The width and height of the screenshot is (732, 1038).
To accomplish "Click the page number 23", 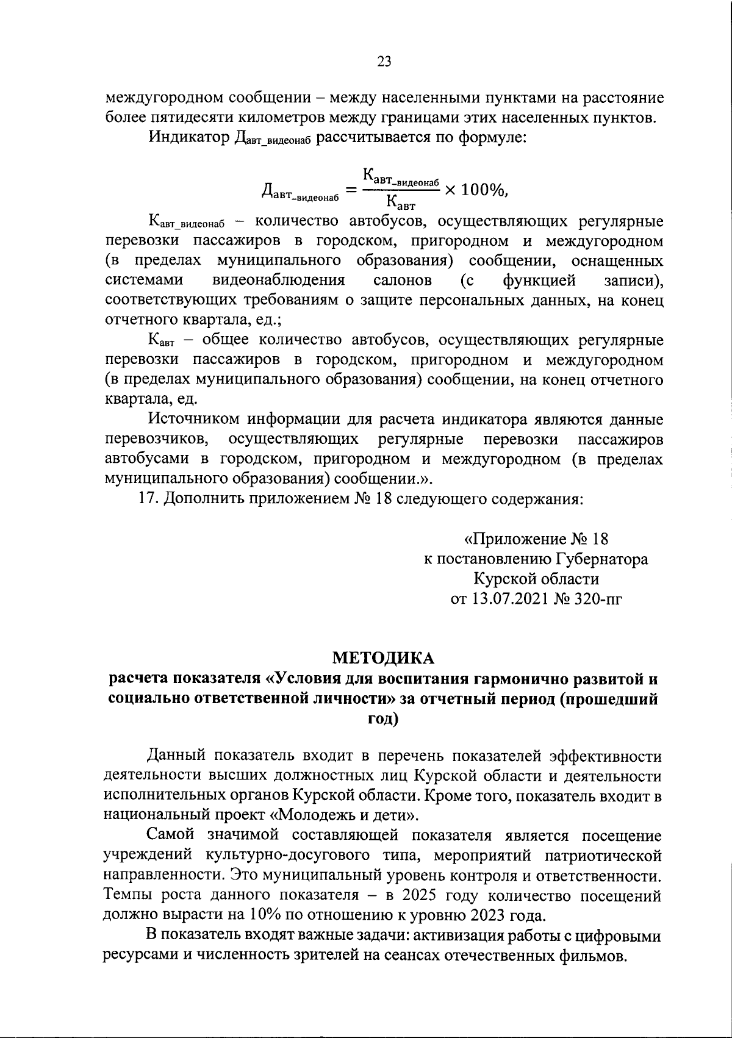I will pyautogui.click(x=384, y=61).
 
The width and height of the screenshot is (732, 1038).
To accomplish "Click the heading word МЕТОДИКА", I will pyautogui.click(x=383, y=657).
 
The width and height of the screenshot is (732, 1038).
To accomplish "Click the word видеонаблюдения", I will pyautogui.click(x=279, y=280).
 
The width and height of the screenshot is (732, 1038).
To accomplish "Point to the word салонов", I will pyautogui.click(x=403, y=280).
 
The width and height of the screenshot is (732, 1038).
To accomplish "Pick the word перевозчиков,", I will pyautogui.click(x=158, y=440).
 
